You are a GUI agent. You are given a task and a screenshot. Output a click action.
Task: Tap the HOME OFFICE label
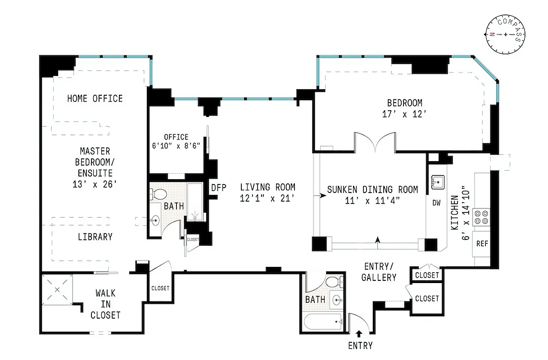click(x=95, y=98)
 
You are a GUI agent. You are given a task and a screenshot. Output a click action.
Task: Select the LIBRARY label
click(x=95, y=237)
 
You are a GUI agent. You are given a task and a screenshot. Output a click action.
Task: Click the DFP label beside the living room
click(x=218, y=188)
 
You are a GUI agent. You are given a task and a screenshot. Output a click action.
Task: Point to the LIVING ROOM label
click(x=267, y=192)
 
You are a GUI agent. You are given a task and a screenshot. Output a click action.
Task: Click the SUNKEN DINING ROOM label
click(x=372, y=195)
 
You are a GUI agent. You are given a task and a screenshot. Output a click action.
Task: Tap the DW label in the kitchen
click(x=436, y=203)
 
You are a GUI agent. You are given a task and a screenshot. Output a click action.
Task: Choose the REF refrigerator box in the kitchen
click(x=482, y=243)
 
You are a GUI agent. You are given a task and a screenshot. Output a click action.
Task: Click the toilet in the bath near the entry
click(x=333, y=283)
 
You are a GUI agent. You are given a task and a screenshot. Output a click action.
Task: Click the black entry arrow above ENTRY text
click(x=359, y=333)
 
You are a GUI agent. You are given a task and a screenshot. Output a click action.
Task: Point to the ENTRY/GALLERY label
click(x=379, y=272)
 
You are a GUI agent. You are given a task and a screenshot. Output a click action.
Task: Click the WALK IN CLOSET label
click(x=105, y=304)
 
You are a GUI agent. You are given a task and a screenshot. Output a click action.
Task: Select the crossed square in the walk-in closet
click(x=57, y=289)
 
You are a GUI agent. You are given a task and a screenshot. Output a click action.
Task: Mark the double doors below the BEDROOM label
click(x=375, y=142)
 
